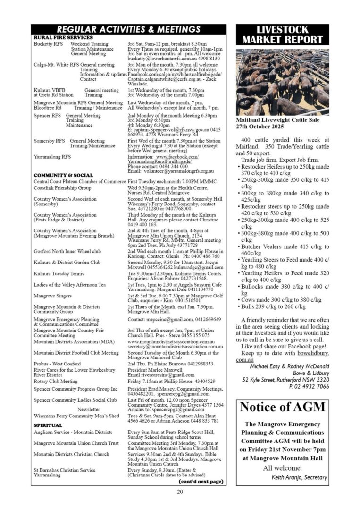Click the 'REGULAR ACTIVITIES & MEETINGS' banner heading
[x=128, y=30]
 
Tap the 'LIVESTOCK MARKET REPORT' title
[x=283, y=35]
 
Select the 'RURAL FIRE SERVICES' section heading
[x=63, y=37]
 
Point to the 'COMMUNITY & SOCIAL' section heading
[x=63, y=175]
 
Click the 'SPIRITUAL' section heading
[x=48, y=425]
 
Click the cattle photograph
[x=283, y=82]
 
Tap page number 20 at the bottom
[x=180, y=492]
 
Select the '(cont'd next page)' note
[x=201, y=481]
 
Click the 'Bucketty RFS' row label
[x=46, y=44]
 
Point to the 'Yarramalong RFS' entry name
[x=52, y=157]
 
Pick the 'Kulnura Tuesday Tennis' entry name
[x=59, y=273]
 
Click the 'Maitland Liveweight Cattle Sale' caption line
[x=277, y=120]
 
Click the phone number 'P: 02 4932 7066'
[x=309, y=386]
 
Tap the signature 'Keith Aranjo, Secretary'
[x=299, y=477]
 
